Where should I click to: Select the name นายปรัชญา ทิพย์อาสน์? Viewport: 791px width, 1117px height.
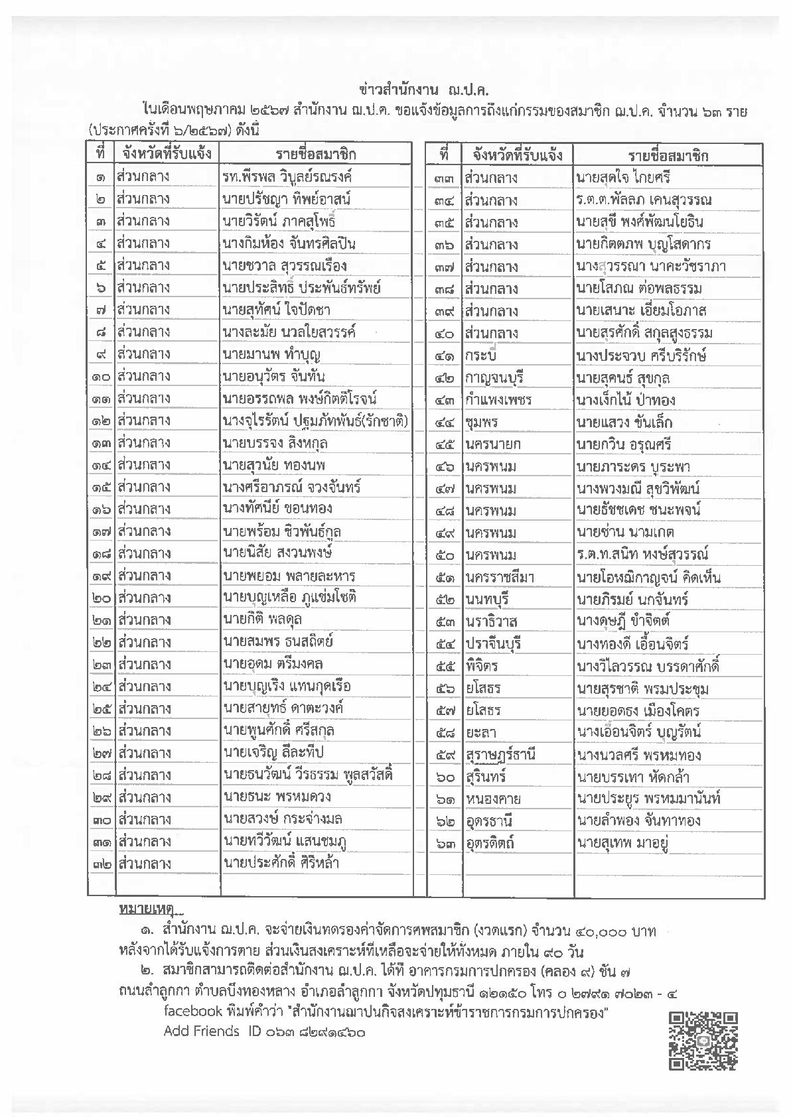[x=287, y=199]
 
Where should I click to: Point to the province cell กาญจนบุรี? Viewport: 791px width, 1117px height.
[x=494, y=377]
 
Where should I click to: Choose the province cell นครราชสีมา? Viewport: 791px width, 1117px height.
[x=500, y=577]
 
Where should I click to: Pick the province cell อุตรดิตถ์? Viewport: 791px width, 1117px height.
[x=490, y=843]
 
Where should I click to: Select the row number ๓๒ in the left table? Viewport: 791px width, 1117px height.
[x=102, y=864]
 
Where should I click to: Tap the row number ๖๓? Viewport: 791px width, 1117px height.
[x=445, y=843]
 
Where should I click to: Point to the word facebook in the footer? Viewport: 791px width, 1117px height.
[x=192, y=1012]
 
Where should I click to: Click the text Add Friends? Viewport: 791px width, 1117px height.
[x=201, y=1031]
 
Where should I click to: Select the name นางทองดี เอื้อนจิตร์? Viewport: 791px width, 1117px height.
[x=632, y=643]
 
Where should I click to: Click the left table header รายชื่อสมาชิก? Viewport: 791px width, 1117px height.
[x=316, y=155]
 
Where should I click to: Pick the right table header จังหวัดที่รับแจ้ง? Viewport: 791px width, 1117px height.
[x=518, y=155]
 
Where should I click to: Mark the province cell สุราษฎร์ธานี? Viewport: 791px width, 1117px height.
[x=500, y=754]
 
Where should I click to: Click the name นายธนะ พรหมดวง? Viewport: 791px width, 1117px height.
[x=277, y=797]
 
